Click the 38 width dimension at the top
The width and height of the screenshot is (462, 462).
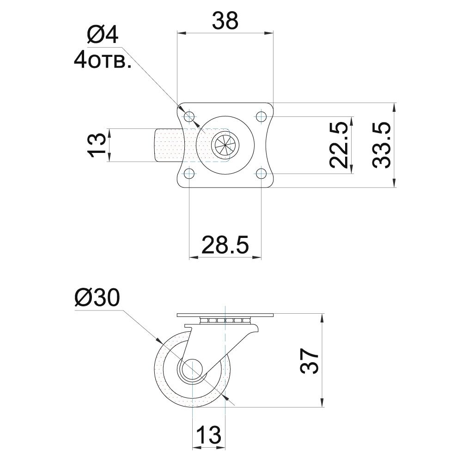pyautogui.click(x=225, y=21)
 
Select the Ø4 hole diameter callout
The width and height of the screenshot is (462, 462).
pyautogui.click(x=103, y=35)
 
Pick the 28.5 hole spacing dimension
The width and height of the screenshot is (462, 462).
pyautogui.click(x=225, y=244)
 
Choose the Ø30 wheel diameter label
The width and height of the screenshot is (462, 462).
pyautogui.click(x=97, y=298)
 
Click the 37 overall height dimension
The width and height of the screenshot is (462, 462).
pyautogui.click(x=310, y=361)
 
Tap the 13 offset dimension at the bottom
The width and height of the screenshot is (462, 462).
pyautogui.click(x=209, y=435)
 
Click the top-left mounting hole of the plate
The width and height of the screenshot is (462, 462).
pyautogui.click(x=189, y=116)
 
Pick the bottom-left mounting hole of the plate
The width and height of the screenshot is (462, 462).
pyautogui.click(x=189, y=173)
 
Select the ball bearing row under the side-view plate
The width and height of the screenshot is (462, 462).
pyautogui.click(x=225, y=320)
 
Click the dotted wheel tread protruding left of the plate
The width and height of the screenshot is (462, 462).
pyautogui.click(x=169, y=145)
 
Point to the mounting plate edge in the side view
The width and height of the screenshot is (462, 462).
pyautogui.click(x=225, y=315)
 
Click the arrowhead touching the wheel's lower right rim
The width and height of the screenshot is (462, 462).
pyautogui.click(x=226, y=398)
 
